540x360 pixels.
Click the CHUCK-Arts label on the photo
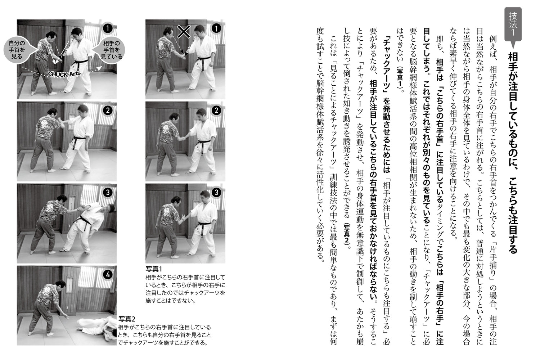[x=64, y=74]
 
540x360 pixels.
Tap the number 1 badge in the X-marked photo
[x=216, y=28]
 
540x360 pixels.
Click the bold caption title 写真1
[x=154, y=269]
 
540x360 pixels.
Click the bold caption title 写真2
[x=127, y=319]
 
